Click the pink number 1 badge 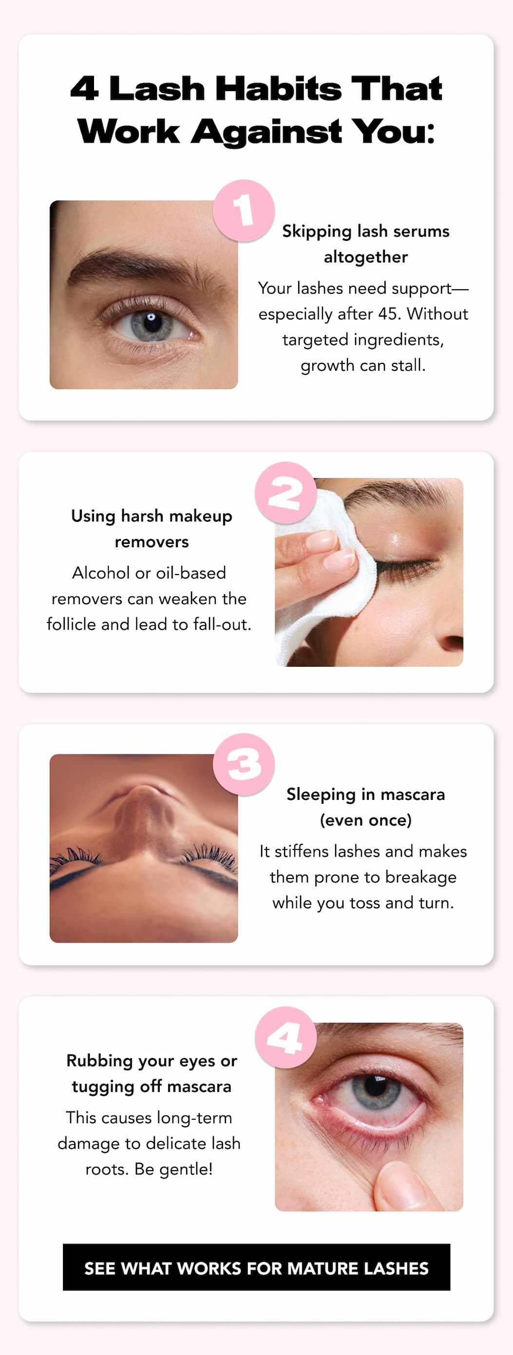pyautogui.click(x=244, y=211)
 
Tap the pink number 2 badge pyautogui.click(x=285, y=493)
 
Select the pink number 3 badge pyautogui.click(x=244, y=764)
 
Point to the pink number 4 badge pyautogui.click(x=285, y=1038)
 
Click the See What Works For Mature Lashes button pyautogui.click(x=256, y=1268)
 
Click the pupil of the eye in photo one pyautogui.click(x=152, y=319)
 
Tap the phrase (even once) pyautogui.click(x=366, y=820)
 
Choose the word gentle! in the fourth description pyautogui.click(x=186, y=1169)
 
